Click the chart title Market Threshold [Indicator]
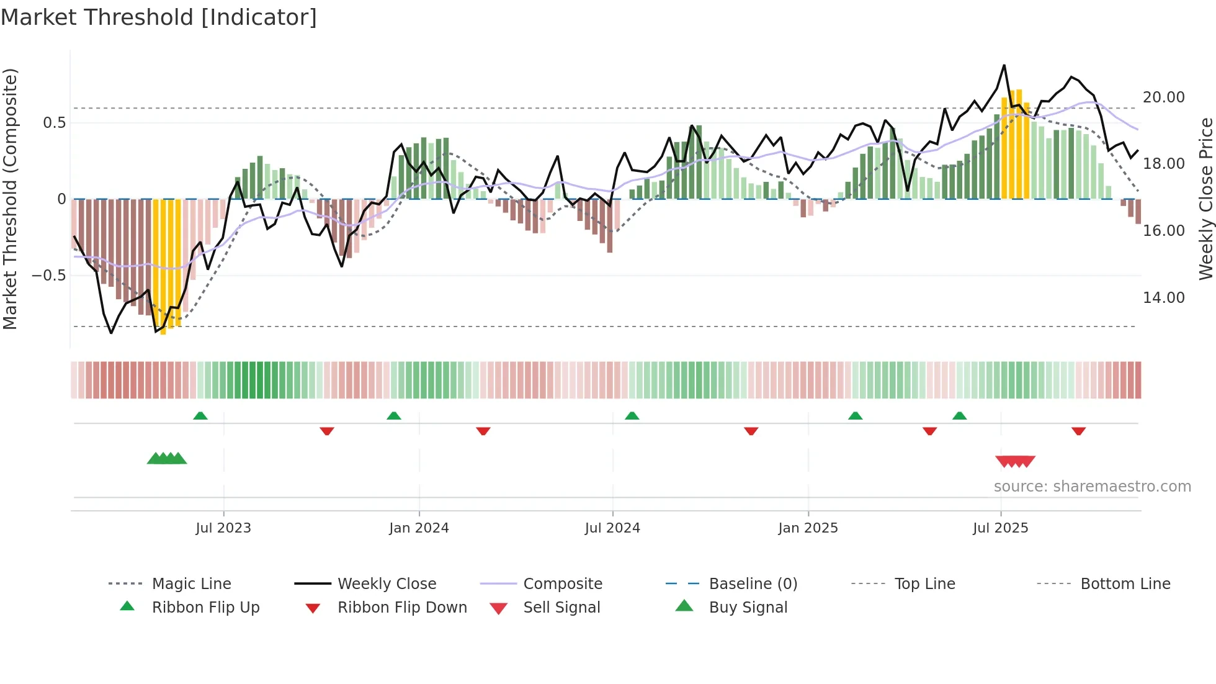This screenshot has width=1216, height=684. tap(159, 17)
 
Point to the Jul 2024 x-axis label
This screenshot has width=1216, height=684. tap(612, 528)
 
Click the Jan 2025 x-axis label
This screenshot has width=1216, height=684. tap(808, 528)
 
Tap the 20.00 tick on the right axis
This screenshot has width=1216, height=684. tap(1163, 97)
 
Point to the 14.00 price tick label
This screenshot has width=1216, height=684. tap(1163, 298)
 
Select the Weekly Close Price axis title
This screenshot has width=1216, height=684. tap(1205, 199)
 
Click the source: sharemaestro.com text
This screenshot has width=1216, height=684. tap(1092, 487)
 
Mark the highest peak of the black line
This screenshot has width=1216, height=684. tap(1004, 65)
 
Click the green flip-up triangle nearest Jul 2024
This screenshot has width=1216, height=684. tap(632, 416)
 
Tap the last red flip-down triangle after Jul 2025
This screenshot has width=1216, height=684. tap(1078, 431)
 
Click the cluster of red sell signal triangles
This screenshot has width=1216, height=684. tap(1015, 461)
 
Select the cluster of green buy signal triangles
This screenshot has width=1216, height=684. tap(167, 459)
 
